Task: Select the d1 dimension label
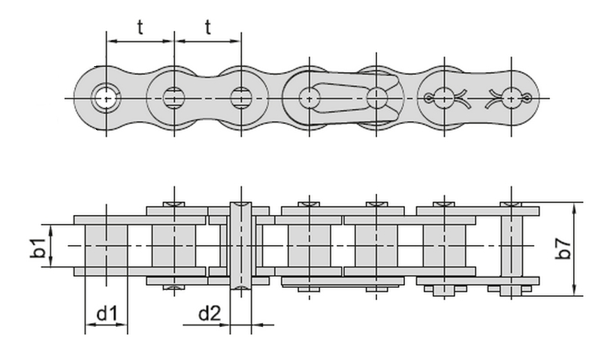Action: tap(106, 314)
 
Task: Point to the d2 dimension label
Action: tap(210, 314)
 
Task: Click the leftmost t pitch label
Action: tap(140, 27)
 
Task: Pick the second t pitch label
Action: tap(208, 27)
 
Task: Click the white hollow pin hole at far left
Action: tap(106, 98)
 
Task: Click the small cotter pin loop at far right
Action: tap(527, 98)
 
